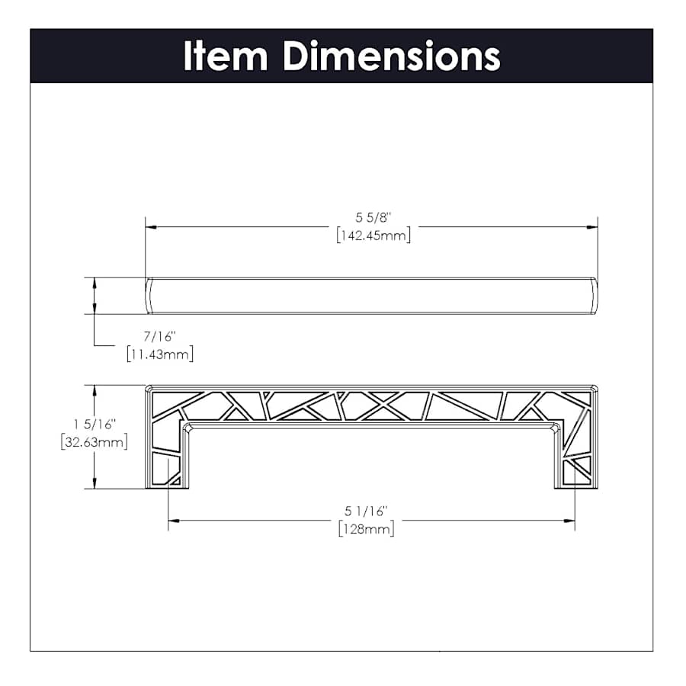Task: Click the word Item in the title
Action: coord(226,56)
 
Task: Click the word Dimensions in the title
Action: coord(392,56)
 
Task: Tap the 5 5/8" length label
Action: coord(373,217)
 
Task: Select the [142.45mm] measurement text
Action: coord(373,236)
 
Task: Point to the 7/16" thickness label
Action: coord(160,336)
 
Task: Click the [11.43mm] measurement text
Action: coord(160,354)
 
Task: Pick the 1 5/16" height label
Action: coord(95,425)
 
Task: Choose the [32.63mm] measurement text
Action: coord(95,442)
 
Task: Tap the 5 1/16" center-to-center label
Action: coord(366,511)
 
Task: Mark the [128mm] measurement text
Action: coord(366,529)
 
